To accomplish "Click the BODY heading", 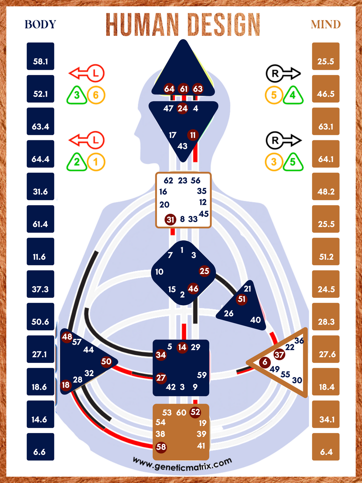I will coord(40,24).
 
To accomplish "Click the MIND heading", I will coord(325,24).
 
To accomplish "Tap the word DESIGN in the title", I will coord(224,25).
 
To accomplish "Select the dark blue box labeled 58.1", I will coord(41,56).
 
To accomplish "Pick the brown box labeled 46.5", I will coord(326,89).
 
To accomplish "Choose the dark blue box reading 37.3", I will coord(41,284).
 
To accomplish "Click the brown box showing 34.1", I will coord(326,414).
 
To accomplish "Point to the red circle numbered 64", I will coord(169,89).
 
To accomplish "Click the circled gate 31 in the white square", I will coord(171,220).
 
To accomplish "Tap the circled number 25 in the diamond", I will coord(204,271).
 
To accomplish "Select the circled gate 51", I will coord(242,299).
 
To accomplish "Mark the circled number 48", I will coord(67,337).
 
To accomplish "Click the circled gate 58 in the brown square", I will coord(161,447).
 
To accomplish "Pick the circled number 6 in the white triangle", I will coord(265,362).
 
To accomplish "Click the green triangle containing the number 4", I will coord(293,96).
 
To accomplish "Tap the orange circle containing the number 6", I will coord(96,95).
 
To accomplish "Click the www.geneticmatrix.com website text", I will coord(182,464).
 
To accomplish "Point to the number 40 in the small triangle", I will coord(255,320).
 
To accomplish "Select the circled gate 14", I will coord(182,347).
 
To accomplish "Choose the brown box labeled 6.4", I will coord(326,447).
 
